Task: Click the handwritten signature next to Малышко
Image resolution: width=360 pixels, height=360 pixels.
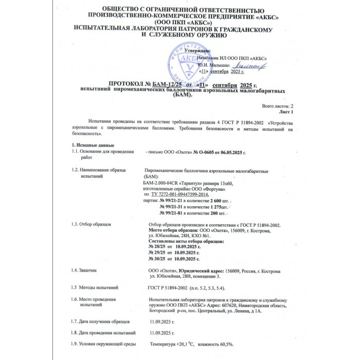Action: (249, 65)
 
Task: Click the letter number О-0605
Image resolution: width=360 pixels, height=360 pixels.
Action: (203, 153)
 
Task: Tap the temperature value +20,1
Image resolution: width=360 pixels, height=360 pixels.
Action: (183, 344)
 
